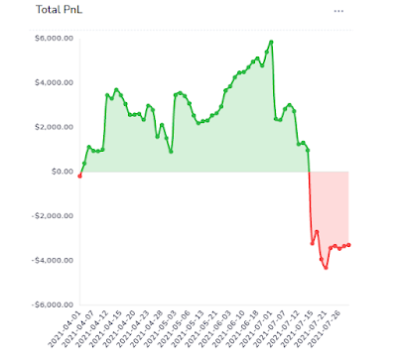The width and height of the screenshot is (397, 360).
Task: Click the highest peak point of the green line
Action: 271,42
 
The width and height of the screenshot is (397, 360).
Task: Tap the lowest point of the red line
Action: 325,267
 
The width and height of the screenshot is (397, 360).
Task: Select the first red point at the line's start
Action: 79,177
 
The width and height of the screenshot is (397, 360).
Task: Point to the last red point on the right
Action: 348,245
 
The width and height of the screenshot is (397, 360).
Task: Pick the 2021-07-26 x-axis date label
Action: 332,331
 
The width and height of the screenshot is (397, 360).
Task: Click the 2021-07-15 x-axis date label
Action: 296,331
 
